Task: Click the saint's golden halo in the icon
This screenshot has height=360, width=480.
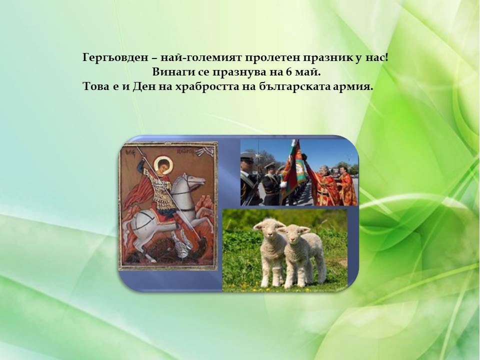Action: pyautogui.click(x=161, y=163)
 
